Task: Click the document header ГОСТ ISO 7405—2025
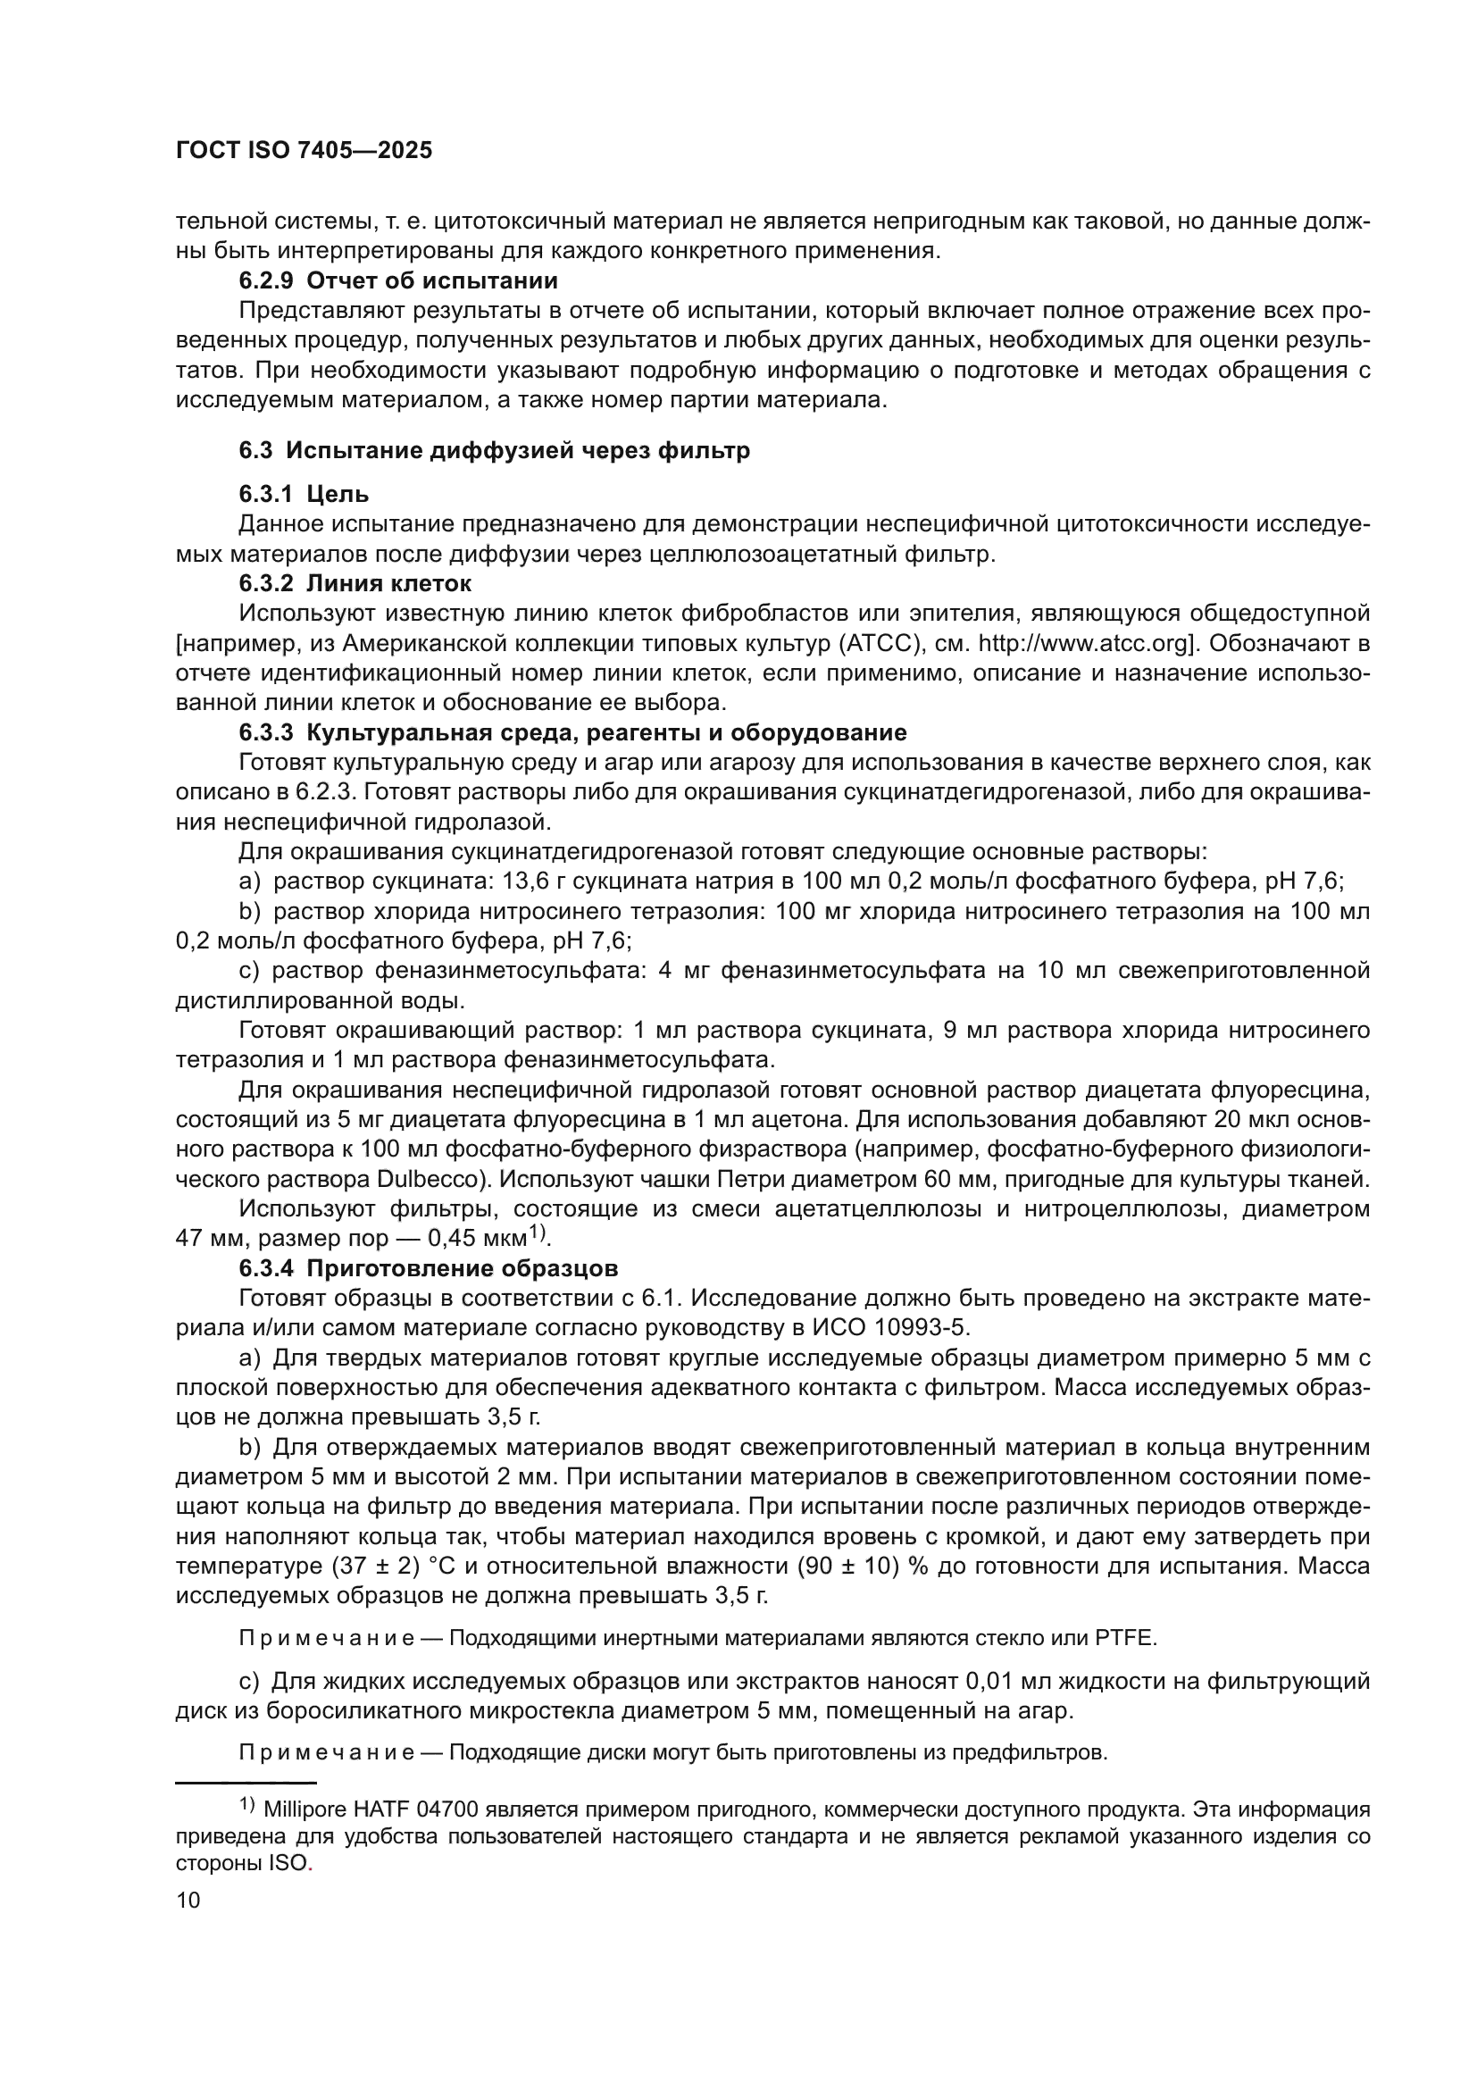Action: [x=304, y=151]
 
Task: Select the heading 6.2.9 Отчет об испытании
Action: [x=398, y=281]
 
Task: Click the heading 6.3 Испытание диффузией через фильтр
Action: [x=495, y=450]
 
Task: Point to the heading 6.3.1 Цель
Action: [x=304, y=494]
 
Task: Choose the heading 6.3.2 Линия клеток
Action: [x=355, y=583]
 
